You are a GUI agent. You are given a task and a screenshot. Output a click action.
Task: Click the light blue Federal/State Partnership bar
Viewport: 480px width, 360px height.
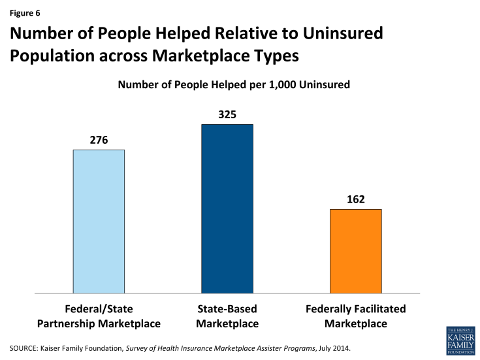pos(99,221)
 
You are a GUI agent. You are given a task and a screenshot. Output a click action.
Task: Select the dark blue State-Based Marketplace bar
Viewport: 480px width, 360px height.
pos(227,208)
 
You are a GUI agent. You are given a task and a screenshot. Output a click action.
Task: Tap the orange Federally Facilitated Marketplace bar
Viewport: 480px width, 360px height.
pos(355,251)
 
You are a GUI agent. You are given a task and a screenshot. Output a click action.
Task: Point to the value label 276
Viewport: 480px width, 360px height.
pos(99,140)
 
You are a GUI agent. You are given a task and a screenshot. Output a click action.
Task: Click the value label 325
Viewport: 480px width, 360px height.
pos(227,114)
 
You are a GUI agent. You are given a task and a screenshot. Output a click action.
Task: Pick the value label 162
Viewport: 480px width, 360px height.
pos(355,199)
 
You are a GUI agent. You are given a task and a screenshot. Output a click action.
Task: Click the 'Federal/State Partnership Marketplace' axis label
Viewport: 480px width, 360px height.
pos(99,316)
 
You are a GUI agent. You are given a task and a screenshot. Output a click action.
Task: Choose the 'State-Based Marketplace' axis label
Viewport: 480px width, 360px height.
pos(227,316)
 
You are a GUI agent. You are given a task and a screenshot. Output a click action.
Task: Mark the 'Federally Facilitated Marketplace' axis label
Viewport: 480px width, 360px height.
pos(355,316)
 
